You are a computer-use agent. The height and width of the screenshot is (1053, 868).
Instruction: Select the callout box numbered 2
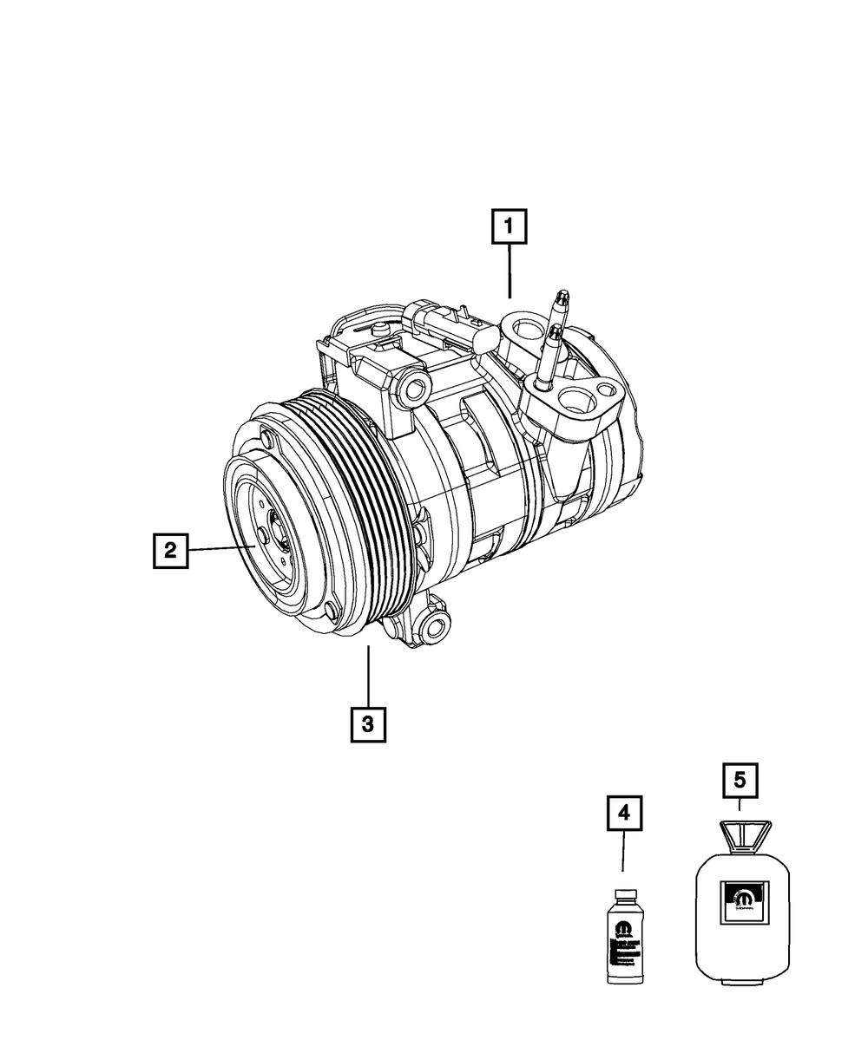pyautogui.click(x=170, y=550)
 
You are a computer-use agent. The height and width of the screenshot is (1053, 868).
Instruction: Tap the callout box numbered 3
pyautogui.click(x=368, y=724)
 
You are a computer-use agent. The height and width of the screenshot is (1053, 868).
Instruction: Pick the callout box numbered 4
pyautogui.click(x=623, y=813)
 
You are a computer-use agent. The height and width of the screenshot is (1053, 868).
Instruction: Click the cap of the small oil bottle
pyautogui.click(x=623, y=894)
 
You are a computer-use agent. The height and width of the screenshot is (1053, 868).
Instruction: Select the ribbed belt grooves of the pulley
pyautogui.click(x=347, y=503)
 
